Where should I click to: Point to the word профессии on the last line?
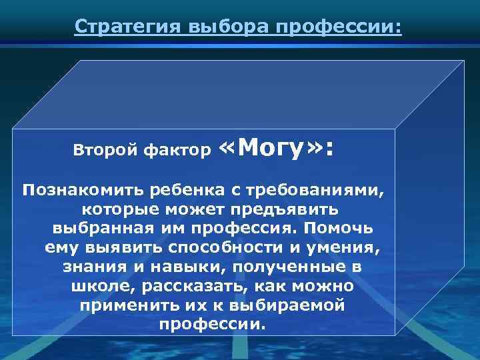tap(212, 325)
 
